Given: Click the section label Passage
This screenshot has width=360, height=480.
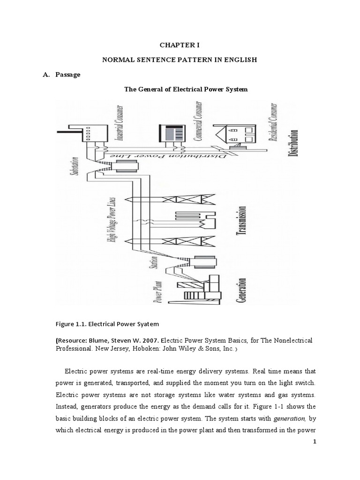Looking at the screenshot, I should (x=67, y=75).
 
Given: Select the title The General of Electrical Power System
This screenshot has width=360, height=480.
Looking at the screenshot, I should (x=185, y=89).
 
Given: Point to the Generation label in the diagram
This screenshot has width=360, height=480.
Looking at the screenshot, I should (x=242, y=291).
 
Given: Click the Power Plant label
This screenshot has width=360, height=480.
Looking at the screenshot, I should (x=160, y=291).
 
